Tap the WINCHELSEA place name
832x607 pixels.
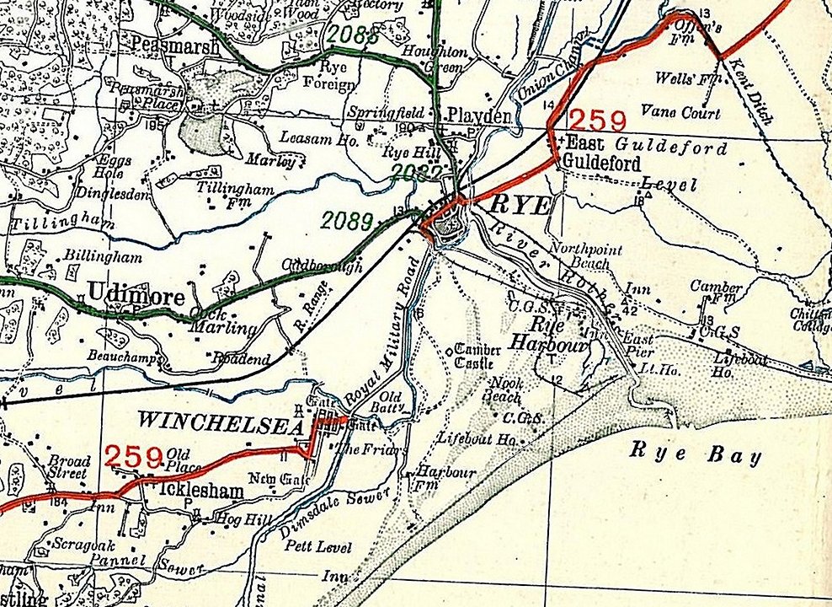pos(220,419)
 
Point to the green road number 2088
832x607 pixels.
pos(352,35)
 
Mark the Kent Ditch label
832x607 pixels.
pos(749,93)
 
